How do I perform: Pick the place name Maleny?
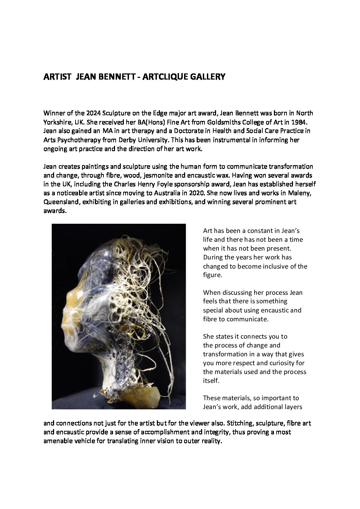click(x=299, y=193)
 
